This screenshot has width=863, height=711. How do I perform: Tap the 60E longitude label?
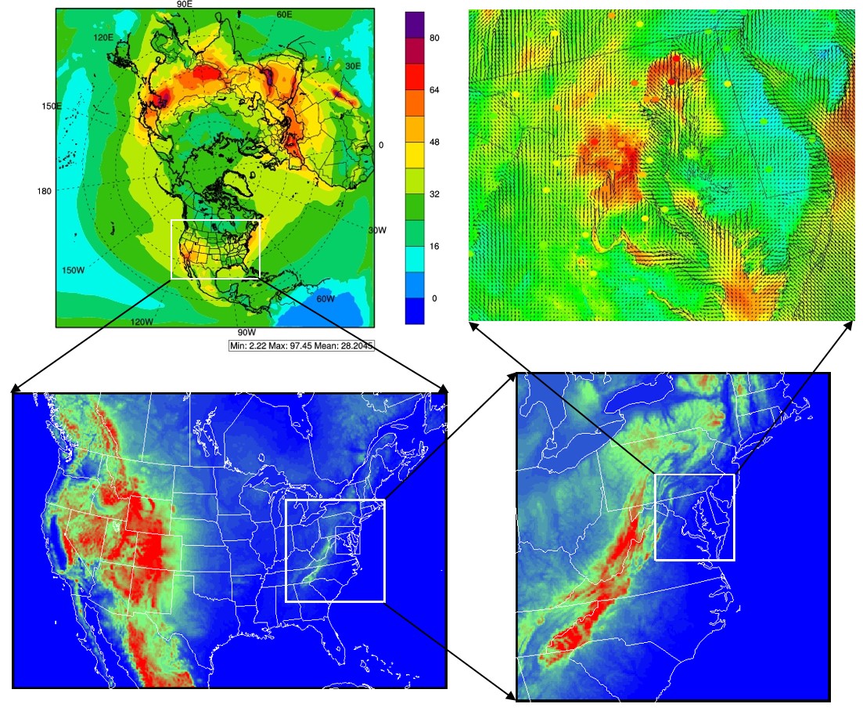click(284, 15)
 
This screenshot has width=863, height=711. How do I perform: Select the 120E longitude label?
click(103, 37)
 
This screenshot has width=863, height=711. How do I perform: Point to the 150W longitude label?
click(73, 270)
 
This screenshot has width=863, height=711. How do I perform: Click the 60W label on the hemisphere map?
click(325, 299)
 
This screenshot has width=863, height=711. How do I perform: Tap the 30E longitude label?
click(353, 66)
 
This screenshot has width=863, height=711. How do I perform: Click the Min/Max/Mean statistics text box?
click(302, 345)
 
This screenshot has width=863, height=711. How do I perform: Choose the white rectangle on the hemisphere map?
click(214, 249)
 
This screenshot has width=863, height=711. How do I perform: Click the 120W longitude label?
click(142, 322)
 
